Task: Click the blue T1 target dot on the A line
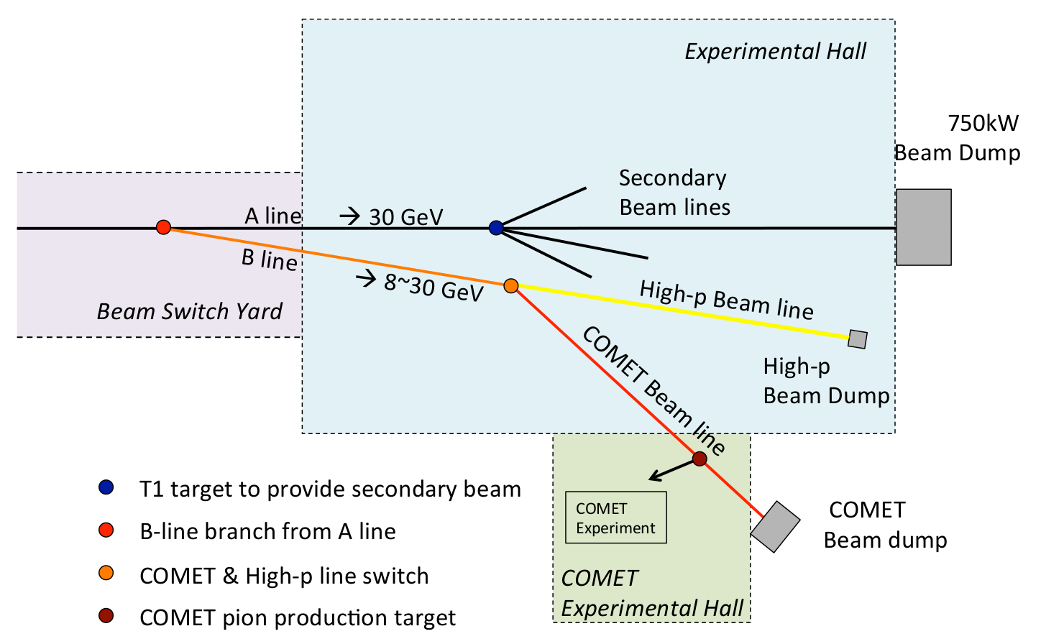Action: point(496,228)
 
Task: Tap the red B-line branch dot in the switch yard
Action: point(163,227)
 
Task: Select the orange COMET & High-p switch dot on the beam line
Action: point(510,286)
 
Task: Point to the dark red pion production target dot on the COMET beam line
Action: point(700,459)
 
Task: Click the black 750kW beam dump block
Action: point(923,227)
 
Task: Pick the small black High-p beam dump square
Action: point(857,339)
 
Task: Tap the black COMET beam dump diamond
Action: point(775,527)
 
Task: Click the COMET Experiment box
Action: point(616,517)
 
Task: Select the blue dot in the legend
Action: point(106,487)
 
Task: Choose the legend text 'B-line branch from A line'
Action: point(267,531)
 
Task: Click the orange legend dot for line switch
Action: point(106,574)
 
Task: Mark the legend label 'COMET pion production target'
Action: point(298,617)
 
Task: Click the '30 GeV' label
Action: point(405,216)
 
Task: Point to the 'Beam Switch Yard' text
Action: point(189,311)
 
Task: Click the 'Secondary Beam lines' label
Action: point(674,193)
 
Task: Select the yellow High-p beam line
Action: point(683,311)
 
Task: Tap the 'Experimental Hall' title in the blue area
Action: point(775,51)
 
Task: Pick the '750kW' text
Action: point(983,123)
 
